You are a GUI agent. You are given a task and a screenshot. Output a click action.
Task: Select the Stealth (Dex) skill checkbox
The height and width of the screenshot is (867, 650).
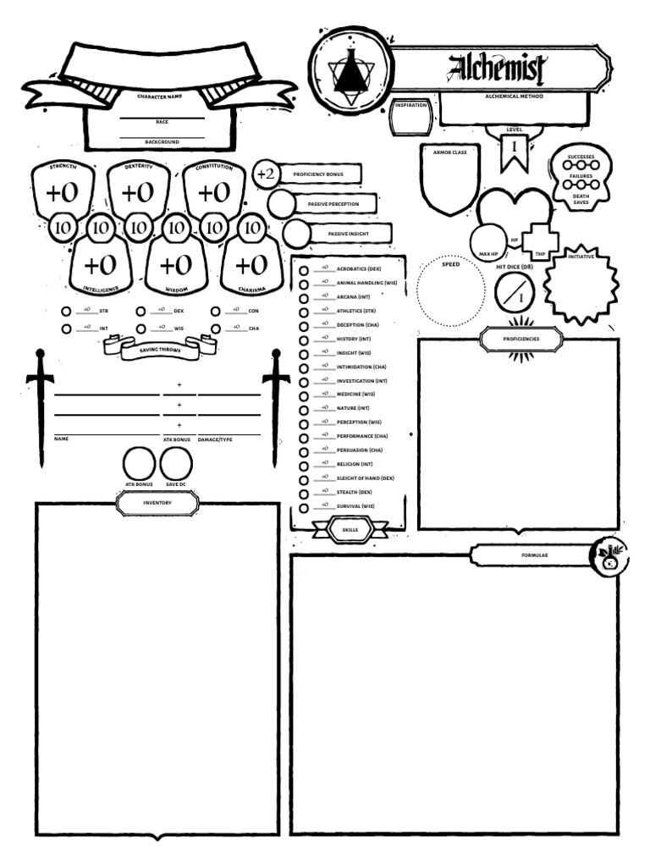303,492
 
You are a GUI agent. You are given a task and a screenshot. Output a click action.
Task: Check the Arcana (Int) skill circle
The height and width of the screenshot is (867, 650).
303,298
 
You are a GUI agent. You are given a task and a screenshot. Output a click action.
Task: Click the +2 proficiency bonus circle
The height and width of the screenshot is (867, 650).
266,174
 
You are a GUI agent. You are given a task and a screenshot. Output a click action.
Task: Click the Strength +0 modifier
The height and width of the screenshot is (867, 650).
62,193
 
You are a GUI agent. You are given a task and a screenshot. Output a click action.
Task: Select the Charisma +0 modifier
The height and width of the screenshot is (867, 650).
251,266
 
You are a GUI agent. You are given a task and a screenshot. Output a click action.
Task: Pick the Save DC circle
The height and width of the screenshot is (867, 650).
176,464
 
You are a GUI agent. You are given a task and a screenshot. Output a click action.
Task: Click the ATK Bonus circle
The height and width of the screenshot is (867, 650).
138,464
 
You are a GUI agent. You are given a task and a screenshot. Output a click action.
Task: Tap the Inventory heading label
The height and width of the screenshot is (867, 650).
157,503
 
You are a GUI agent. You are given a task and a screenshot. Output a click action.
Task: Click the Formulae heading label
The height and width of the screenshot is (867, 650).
531,555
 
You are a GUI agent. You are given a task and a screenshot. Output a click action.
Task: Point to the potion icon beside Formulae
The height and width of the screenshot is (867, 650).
609,556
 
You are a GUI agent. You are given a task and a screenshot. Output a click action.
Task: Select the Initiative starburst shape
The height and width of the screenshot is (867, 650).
581,280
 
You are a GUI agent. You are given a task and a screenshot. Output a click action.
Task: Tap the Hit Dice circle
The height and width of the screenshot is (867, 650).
515,293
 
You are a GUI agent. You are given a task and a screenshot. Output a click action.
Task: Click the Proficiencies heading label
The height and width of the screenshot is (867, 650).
521,339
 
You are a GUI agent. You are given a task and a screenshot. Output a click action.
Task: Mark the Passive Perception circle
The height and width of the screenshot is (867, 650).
282,204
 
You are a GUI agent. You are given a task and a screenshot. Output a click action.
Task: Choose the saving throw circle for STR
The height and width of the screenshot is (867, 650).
67,312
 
